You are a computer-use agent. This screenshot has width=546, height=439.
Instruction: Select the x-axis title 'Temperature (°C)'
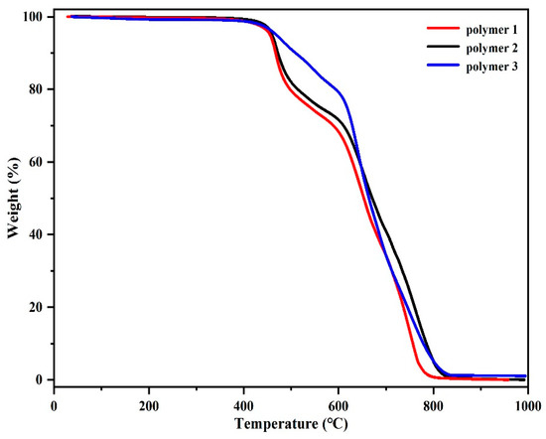coord(290,425)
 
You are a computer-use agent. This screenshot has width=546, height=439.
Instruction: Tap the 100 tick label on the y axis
coord(36,17)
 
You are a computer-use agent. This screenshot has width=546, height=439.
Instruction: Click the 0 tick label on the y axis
coord(42,379)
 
